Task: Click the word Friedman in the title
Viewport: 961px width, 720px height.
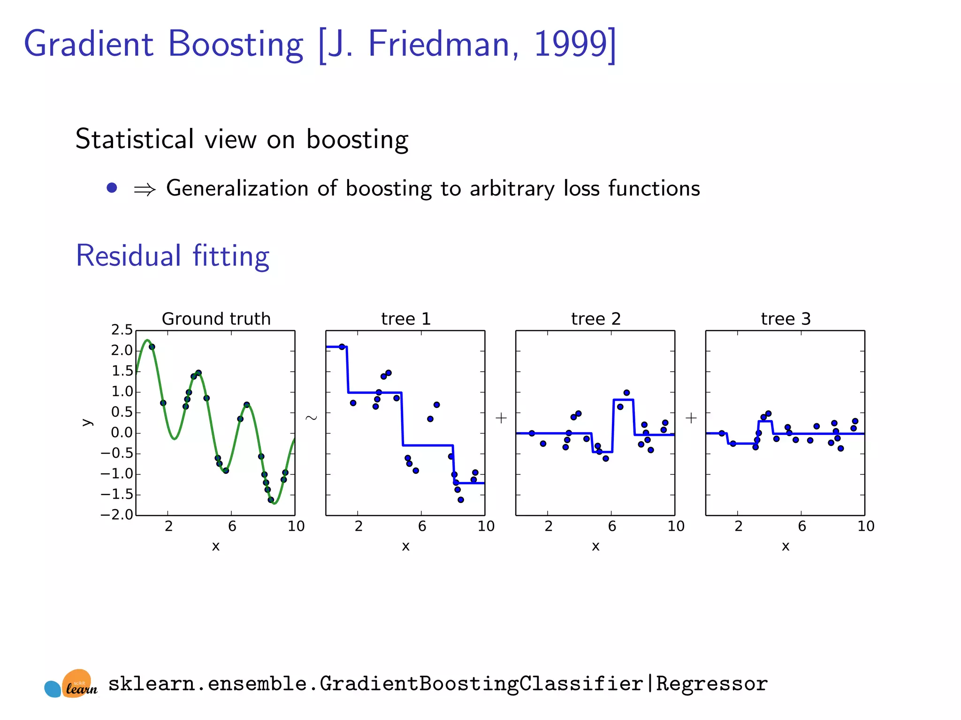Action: click(x=439, y=44)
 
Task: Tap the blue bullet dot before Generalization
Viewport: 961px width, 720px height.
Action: click(x=112, y=188)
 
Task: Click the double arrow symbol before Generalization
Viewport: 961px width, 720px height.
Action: click(x=145, y=189)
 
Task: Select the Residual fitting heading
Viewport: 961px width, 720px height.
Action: click(x=173, y=256)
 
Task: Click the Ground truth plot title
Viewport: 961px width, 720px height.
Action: click(x=216, y=319)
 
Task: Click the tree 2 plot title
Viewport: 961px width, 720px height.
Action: click(x=595, y=319)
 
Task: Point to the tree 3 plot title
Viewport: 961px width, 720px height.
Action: click(x=786, y=319)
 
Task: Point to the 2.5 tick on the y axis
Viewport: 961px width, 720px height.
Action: click(x=122, y=330)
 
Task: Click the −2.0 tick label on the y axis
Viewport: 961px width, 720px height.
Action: click(x=117, y=515)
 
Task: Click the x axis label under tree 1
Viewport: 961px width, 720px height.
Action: click(x=405, y=546)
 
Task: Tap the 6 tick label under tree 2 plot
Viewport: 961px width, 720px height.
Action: click(x=612, y=526)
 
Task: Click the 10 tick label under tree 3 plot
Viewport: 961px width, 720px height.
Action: click(x=866, y=526)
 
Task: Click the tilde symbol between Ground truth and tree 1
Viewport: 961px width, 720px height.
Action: click(x=311, y=417)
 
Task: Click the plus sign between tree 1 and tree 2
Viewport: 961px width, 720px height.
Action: click(x=501, y=418)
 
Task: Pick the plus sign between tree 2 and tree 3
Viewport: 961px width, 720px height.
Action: click(x=691, y=418)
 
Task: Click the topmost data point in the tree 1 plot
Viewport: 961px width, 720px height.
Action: click(x=342, y=347)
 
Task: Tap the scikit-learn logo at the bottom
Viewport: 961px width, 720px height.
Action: click(x=71, y=684)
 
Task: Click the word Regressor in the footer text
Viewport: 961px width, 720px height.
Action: click(x=711, y=684)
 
